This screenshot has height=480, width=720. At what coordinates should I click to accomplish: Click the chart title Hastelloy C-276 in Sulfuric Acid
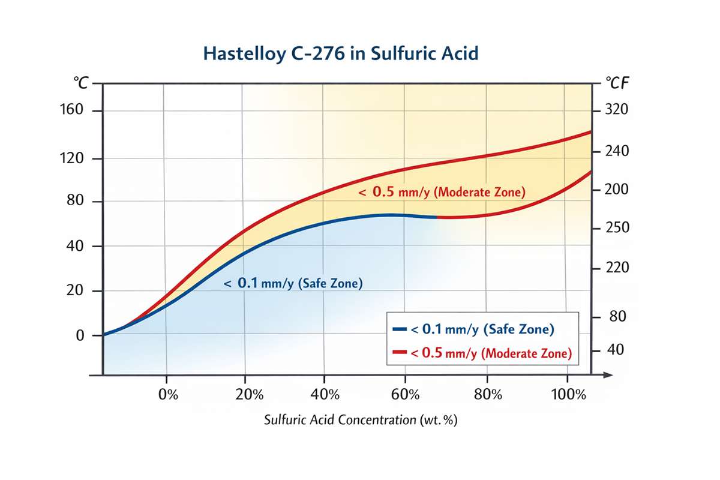click(x=341, y=53)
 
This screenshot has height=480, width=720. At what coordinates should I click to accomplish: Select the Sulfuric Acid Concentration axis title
click(x=361, y=420)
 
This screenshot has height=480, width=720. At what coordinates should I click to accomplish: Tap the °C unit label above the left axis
click(x=80, y=83)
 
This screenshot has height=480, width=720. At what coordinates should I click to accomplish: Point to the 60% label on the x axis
click(x=406, y=395)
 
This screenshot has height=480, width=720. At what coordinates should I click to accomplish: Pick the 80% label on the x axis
click(x=487, y=395)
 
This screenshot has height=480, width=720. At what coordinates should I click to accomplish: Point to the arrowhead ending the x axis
click(x=607, y=376)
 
